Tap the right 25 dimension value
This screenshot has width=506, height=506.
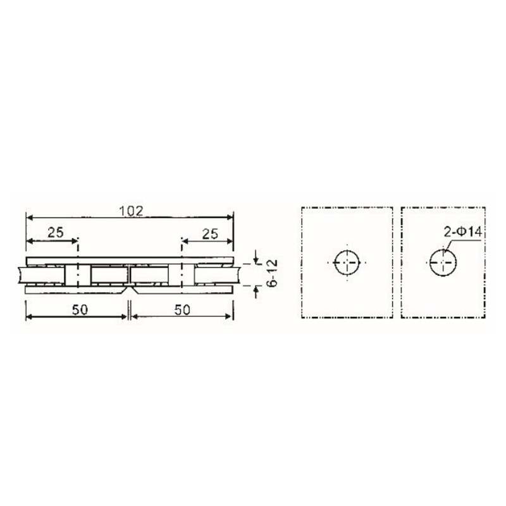click(209, 233)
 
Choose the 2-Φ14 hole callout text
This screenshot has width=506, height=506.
click(463, 233)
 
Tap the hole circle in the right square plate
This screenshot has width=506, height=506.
click(444, 262)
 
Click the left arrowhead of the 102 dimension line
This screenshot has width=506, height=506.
click(28, 217)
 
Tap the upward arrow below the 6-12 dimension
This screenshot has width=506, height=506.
click(256, 289)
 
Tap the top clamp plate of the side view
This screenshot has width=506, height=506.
click(130, 261)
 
